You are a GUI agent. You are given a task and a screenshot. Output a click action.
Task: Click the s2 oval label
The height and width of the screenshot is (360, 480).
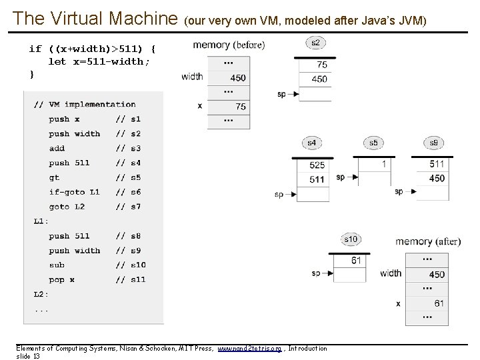tap(315, 43)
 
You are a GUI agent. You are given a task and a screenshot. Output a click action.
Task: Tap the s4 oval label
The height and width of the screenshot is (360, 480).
tap(311, 142)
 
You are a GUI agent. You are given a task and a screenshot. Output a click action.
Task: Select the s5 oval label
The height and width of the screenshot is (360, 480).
tap(373, 142)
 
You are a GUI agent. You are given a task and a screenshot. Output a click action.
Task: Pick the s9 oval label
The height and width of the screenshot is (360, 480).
tap(433, 142)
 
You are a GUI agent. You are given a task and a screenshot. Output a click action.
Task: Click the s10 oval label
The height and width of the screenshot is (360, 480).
tap(350, 239)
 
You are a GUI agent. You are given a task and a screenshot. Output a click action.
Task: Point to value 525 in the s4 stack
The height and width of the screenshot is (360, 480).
tap(317, 165)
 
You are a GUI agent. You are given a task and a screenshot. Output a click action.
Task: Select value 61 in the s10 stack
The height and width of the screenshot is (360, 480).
tap(355, 260)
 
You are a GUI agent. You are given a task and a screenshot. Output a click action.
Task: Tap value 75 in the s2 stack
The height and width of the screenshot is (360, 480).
tap(321, 65)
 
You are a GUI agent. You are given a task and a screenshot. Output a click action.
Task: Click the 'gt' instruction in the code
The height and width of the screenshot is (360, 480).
tap(54, 177)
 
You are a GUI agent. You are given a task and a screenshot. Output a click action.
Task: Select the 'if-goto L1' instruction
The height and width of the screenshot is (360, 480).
tap(74, 192)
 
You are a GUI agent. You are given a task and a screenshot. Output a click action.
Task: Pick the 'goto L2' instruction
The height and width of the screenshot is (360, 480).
tap(67, 207)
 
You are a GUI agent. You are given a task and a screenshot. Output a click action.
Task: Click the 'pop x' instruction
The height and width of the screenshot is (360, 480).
tap(61, 280)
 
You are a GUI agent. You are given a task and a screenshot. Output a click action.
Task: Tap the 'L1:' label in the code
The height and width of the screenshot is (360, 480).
tap(41, 221)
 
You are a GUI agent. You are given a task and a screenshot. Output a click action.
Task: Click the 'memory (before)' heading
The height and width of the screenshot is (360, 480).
tap(228, 45)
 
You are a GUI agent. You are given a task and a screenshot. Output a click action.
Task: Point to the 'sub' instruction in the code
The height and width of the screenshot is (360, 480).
tap(57, 265)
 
